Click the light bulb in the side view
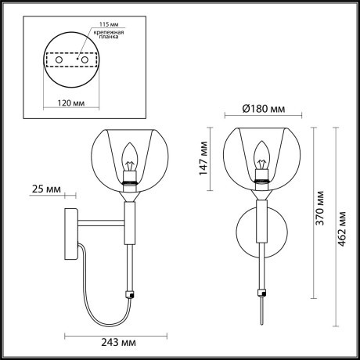pos(130,157)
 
